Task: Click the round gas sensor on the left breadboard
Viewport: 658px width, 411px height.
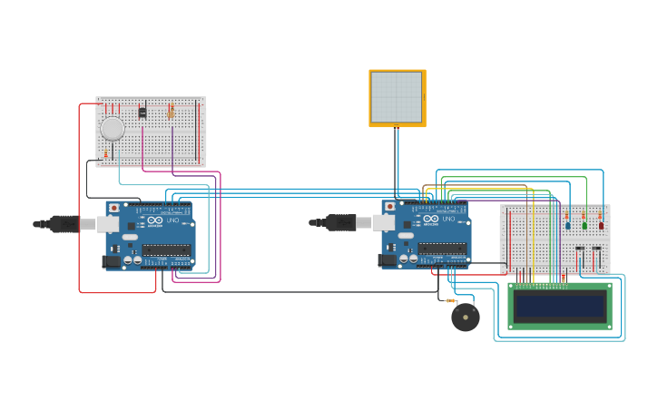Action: click(x=112, y=129)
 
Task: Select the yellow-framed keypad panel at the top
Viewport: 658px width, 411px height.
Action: click(x=397, y=98)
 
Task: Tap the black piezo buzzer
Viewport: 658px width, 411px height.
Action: click(x=466, y=318)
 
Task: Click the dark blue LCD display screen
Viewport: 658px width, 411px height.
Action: click(x=558, y=306)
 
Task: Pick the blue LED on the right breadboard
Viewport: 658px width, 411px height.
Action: click(x=568, y=225)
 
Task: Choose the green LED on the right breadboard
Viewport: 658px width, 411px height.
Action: click(x=584, y=225)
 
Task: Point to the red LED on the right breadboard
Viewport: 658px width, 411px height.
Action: click(x=601, y=225)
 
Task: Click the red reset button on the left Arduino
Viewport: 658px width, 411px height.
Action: click(x=113, y=208)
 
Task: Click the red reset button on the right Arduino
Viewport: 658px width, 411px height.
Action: click(x=389, y=207)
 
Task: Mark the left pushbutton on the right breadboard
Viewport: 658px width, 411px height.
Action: click(x=579, y=248)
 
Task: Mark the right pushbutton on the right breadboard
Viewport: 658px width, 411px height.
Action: click(x=596, y=248)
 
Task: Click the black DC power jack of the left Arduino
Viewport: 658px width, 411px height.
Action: click(x=112, y=261)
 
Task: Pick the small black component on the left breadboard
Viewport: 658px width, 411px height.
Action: click(x=142, y=112)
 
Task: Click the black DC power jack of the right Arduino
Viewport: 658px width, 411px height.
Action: click(x=388, y=260)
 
